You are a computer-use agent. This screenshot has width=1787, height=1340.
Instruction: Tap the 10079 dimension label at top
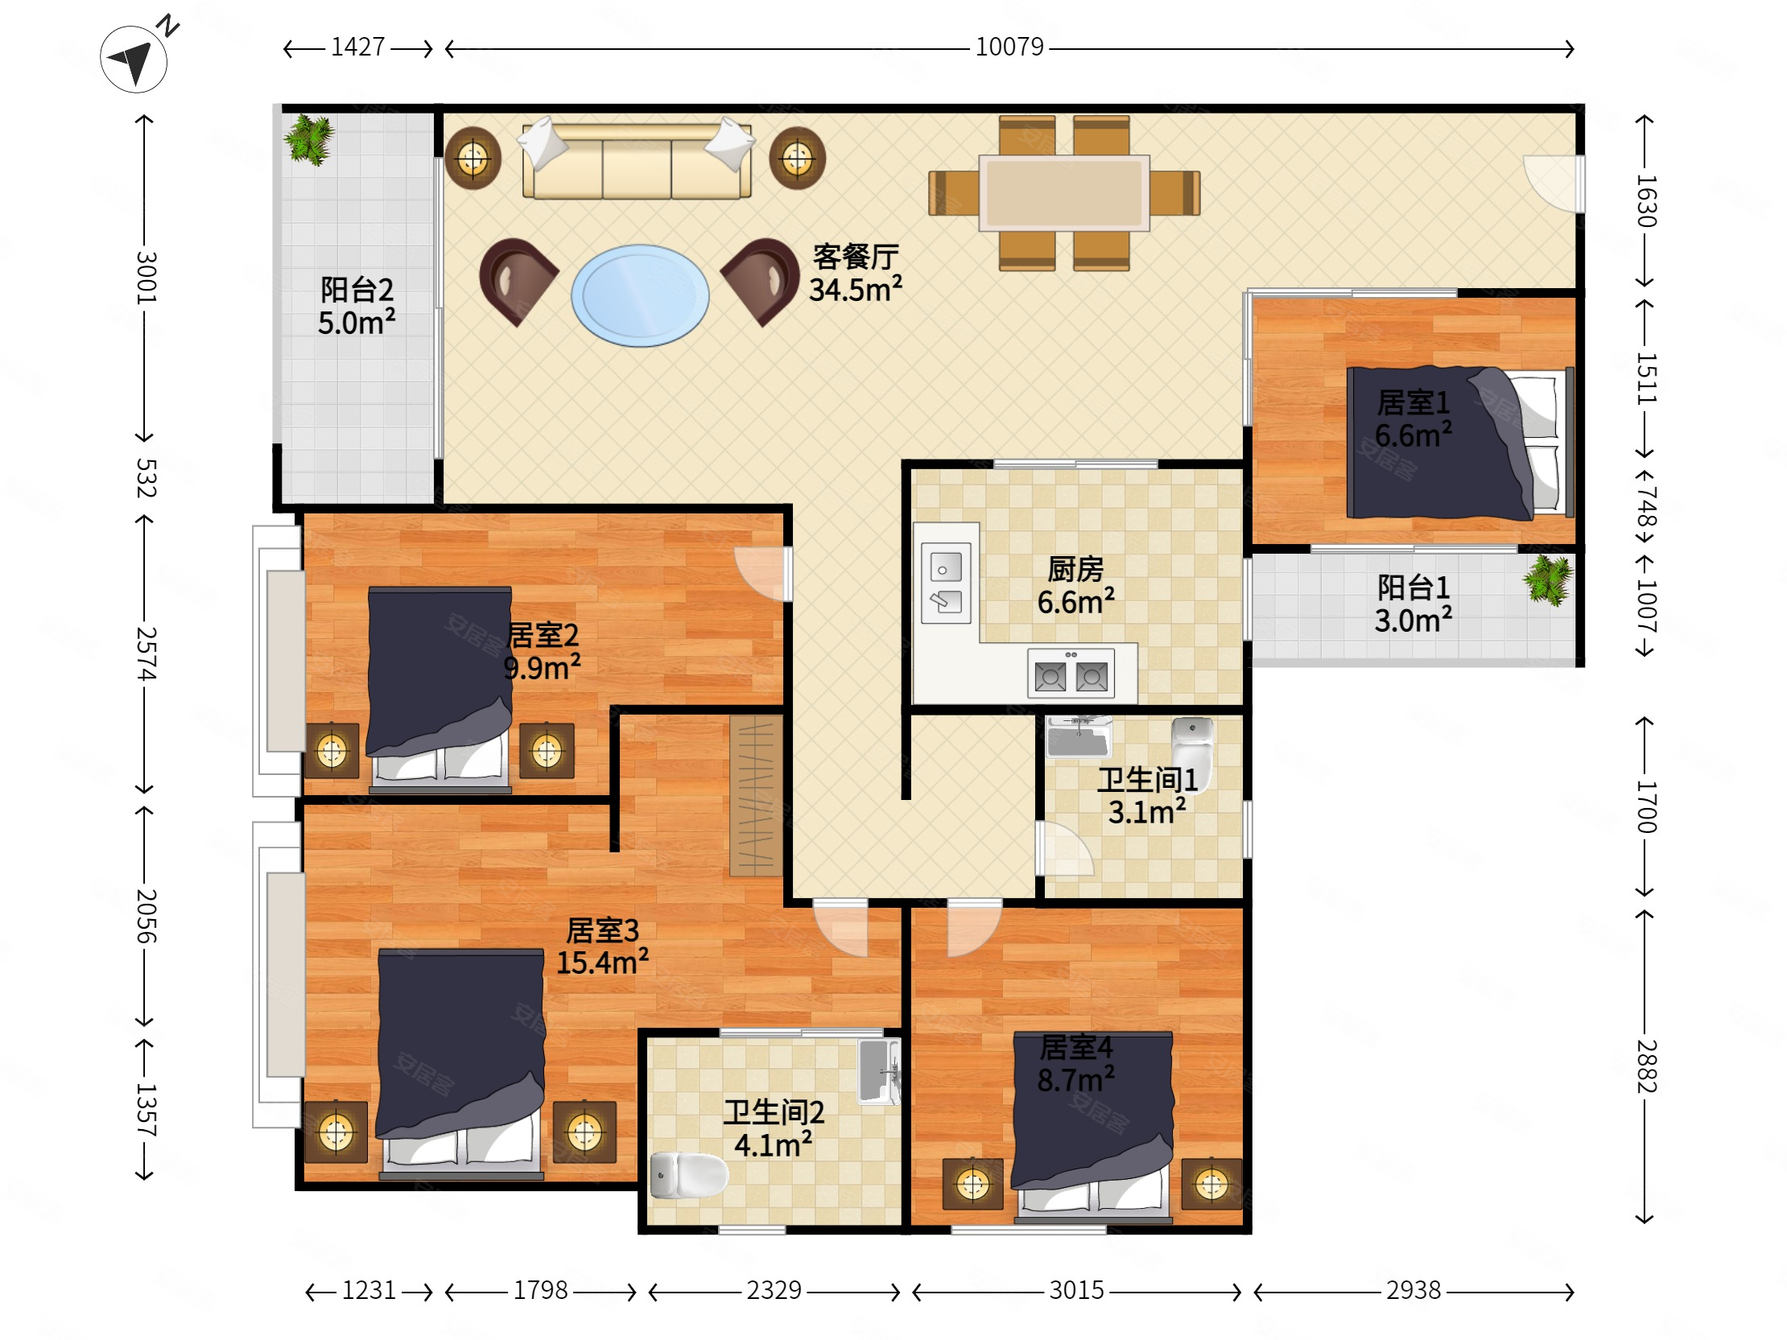point(1009,47)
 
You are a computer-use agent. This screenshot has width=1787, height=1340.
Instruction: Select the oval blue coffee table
point(640,295)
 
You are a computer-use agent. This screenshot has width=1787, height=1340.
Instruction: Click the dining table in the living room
point(1064,193)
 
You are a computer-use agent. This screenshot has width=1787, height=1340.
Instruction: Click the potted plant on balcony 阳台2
point(307,139)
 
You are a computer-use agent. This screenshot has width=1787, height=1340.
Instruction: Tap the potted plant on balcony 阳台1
point(1548,580)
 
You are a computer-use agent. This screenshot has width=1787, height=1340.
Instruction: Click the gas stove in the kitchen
point(1071,673)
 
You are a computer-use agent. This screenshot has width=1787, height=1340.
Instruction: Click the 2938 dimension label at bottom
point(1413,1290)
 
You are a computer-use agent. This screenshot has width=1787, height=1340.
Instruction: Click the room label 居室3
point(602,930)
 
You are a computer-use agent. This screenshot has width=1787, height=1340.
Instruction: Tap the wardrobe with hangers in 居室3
point(756,797)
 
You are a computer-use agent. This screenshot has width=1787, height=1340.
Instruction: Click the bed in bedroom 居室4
point(1092,1125)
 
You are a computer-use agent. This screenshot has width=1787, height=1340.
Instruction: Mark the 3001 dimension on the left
point(146,277)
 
